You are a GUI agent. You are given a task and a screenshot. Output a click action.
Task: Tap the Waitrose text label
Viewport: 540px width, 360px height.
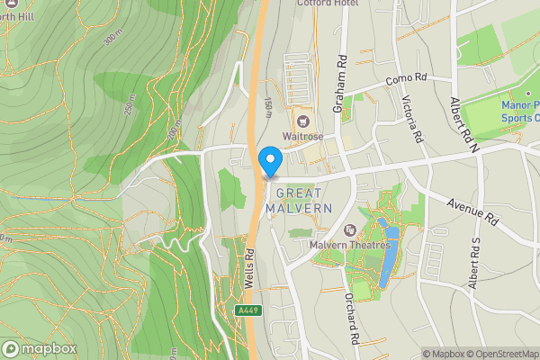[x=301, y=137]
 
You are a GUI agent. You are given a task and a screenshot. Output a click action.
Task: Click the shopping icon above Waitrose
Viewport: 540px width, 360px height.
[x=301, y=120]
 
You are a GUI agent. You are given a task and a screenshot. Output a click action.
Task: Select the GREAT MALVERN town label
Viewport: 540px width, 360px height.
[x=304, y=201]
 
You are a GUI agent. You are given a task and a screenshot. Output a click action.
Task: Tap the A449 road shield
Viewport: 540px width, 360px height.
[x=248, y=310]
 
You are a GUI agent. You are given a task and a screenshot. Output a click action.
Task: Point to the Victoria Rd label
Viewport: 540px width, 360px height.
[x=412, y=120]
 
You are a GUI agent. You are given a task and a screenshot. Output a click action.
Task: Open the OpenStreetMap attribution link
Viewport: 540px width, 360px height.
[x=496, y=353]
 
